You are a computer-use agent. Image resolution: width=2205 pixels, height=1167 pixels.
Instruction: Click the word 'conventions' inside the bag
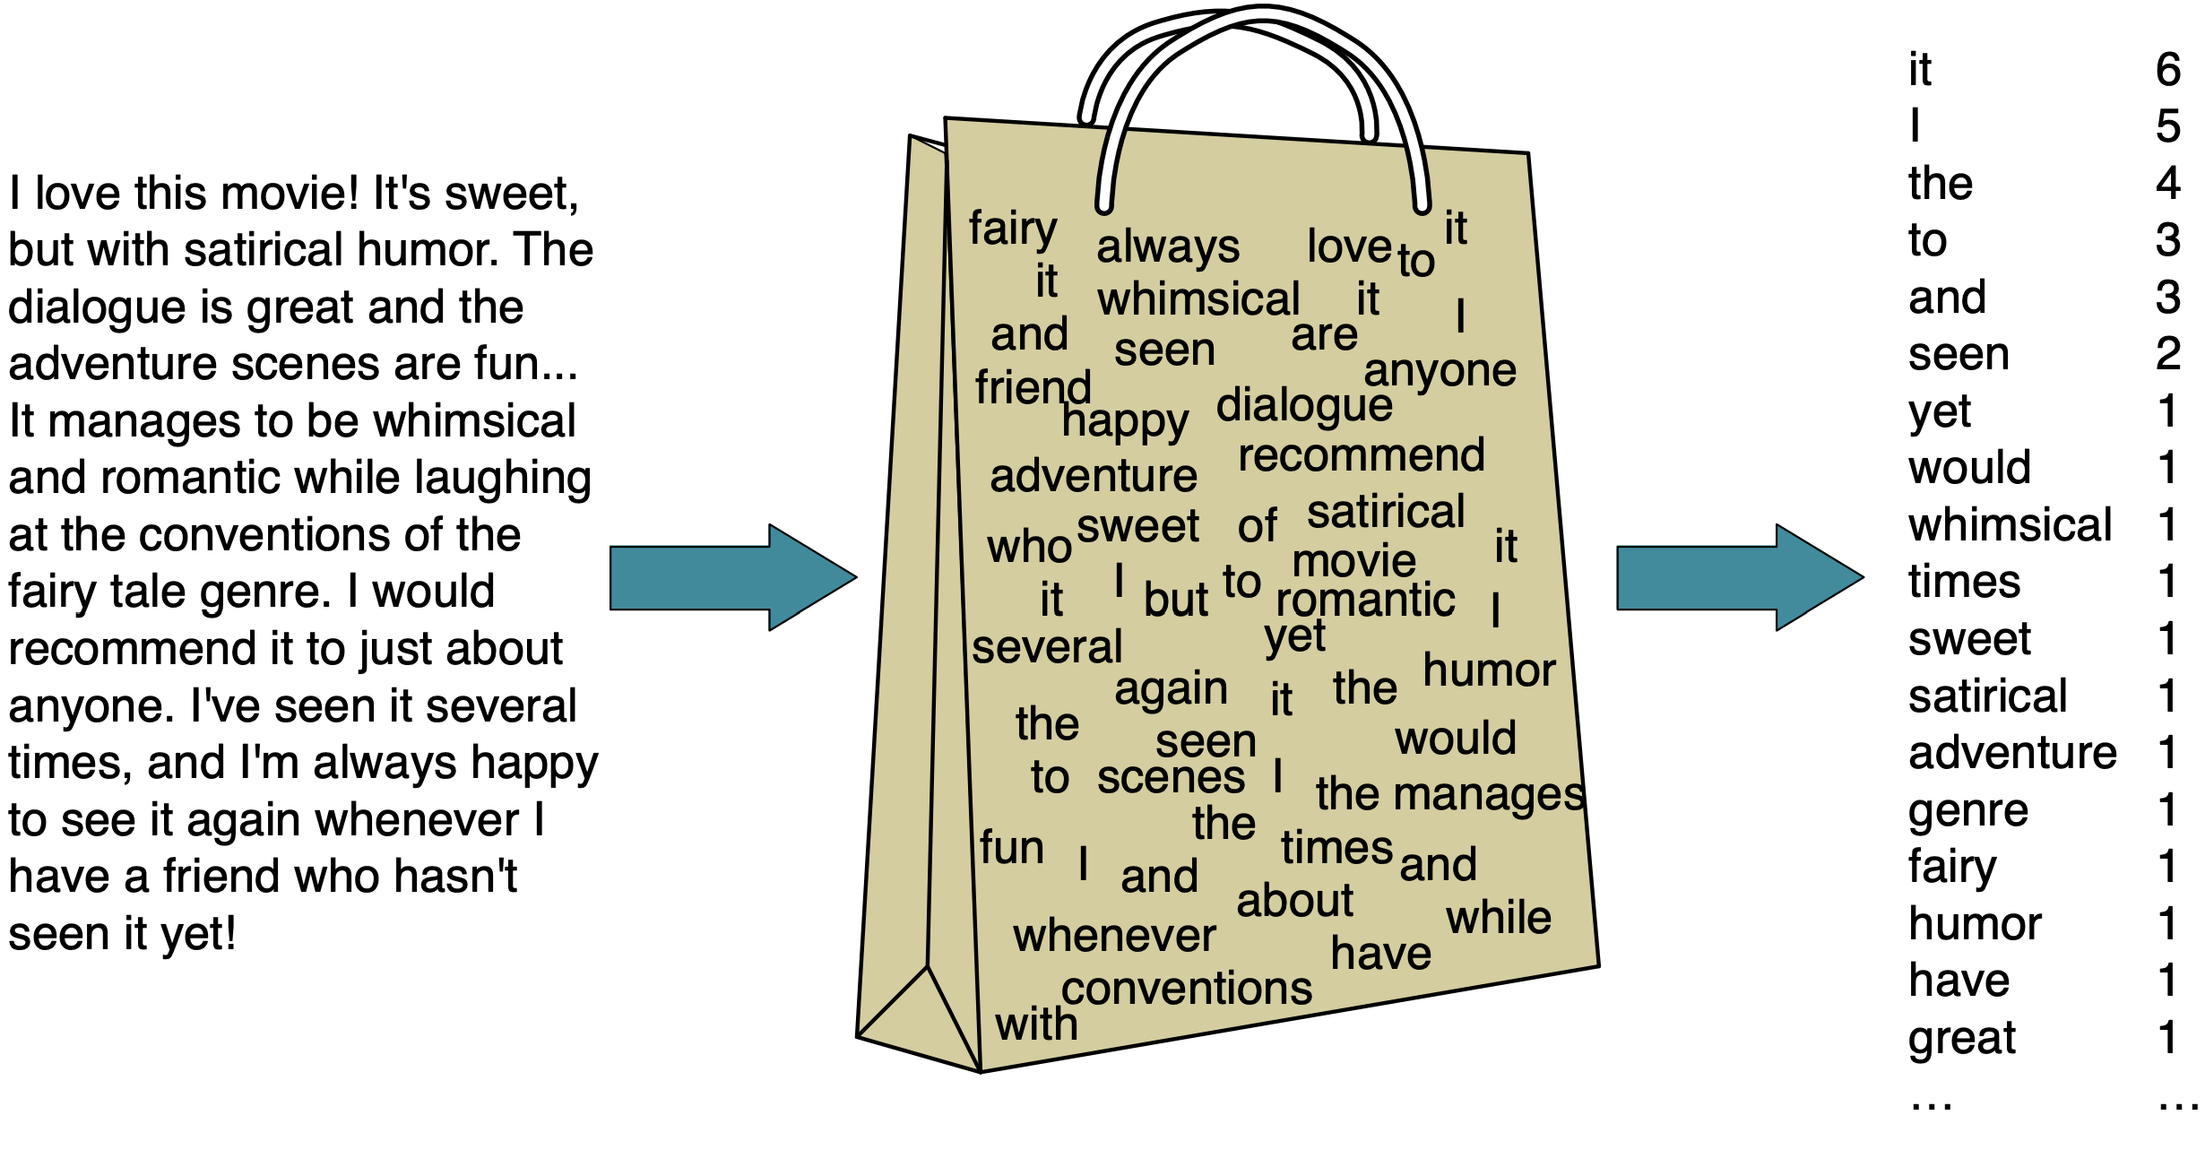1187,988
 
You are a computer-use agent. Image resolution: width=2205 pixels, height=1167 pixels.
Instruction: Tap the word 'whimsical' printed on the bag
1198,298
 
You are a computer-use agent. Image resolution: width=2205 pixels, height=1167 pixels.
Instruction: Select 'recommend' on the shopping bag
1361,455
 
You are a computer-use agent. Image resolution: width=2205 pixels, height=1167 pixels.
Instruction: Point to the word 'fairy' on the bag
1013,229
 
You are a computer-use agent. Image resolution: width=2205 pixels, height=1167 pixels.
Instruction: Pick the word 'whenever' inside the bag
1114,936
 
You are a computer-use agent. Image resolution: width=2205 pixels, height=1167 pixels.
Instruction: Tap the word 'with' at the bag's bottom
1036,1024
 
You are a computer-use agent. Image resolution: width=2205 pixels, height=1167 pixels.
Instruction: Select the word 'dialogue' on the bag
1304,404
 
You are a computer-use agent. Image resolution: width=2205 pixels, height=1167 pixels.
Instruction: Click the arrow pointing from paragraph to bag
732,578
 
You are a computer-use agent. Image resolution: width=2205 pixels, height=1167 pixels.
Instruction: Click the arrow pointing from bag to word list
1739,578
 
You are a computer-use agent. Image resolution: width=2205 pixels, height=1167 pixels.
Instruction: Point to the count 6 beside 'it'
2167,69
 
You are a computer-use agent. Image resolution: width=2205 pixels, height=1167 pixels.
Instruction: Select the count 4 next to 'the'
2167,183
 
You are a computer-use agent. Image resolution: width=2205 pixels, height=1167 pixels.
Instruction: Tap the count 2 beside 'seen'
2167,353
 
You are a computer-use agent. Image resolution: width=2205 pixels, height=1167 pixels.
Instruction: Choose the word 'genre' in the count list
1967,811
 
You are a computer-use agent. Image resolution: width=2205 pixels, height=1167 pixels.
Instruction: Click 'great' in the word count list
1961,1039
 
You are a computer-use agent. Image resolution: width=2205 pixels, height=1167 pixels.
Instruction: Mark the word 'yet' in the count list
1939,412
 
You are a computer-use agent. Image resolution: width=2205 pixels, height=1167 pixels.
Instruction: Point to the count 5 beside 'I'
2167,125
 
